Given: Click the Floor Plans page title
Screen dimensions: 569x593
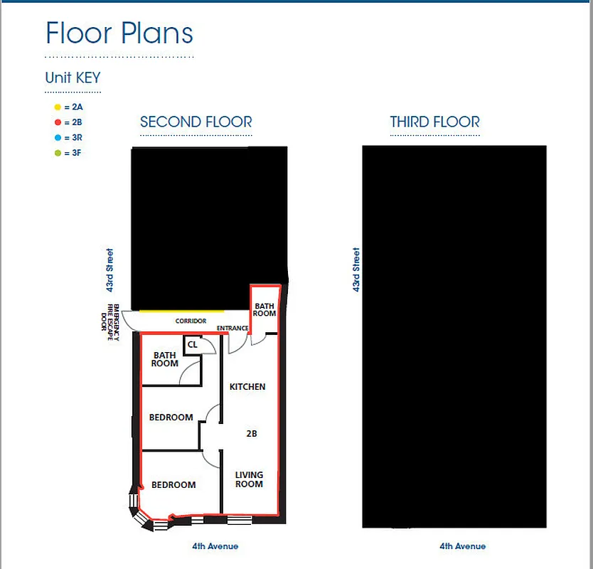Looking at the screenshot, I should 119,33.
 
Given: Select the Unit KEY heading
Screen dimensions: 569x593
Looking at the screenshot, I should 73,78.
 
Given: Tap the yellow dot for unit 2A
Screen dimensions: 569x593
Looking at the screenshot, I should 57,107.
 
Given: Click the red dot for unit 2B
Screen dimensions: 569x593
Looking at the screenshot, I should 57,122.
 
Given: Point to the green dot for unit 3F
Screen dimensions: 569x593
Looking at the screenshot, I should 57,153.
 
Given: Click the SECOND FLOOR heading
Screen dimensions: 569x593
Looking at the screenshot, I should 196,122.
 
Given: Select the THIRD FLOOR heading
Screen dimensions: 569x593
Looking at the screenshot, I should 434,122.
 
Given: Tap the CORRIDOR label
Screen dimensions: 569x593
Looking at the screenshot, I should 191,321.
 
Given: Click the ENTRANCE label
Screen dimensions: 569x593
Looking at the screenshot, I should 233,329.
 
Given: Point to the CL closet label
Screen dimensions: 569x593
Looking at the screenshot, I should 193,345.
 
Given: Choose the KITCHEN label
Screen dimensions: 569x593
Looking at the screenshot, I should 247,387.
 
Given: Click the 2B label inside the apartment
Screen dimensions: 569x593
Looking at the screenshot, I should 251,433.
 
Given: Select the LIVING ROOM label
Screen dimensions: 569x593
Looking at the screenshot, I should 249,479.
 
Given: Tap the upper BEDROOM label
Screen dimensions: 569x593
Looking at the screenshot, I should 171,418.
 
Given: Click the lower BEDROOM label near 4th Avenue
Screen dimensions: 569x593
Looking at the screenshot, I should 173,485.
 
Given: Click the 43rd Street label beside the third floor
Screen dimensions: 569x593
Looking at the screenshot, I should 356,270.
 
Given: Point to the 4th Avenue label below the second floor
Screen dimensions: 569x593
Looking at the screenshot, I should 215,546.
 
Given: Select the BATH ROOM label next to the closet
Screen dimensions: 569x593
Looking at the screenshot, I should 164,359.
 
